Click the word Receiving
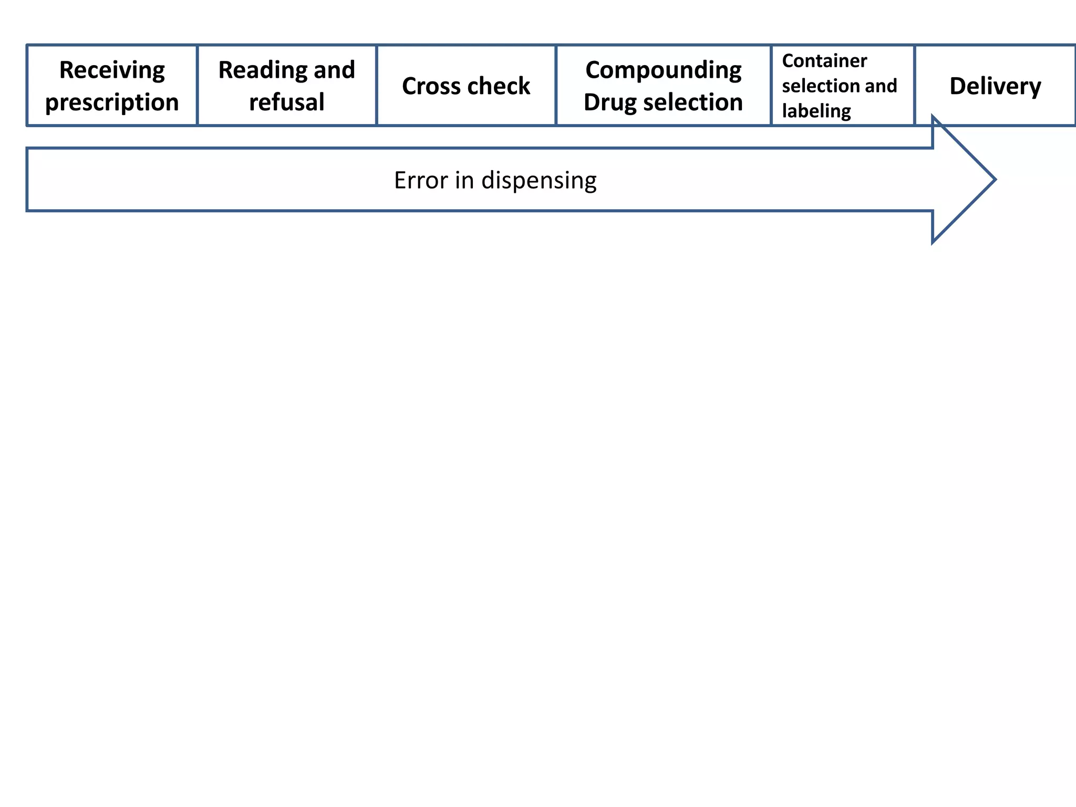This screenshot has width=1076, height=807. (112, 70)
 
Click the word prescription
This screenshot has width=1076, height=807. (112, 102)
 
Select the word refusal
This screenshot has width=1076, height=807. (287, 102)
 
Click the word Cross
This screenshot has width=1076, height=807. (432, 86)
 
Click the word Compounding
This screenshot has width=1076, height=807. (663, 70)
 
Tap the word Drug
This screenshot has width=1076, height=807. (609, 102)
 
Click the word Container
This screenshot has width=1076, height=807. (824, 61)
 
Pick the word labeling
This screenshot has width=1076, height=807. (816, 111)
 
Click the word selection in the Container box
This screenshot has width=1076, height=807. (820, 86)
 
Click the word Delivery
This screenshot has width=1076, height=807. (995, 86)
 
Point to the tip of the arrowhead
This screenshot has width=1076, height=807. (994, 180)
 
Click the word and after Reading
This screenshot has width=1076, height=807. (334, 70)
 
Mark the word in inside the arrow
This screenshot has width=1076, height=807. (464, 180)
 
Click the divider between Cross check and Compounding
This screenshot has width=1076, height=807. (556, 86)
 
